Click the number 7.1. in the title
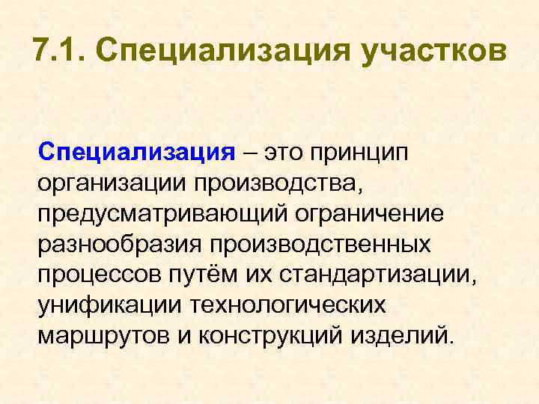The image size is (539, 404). [x=59, y=52]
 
